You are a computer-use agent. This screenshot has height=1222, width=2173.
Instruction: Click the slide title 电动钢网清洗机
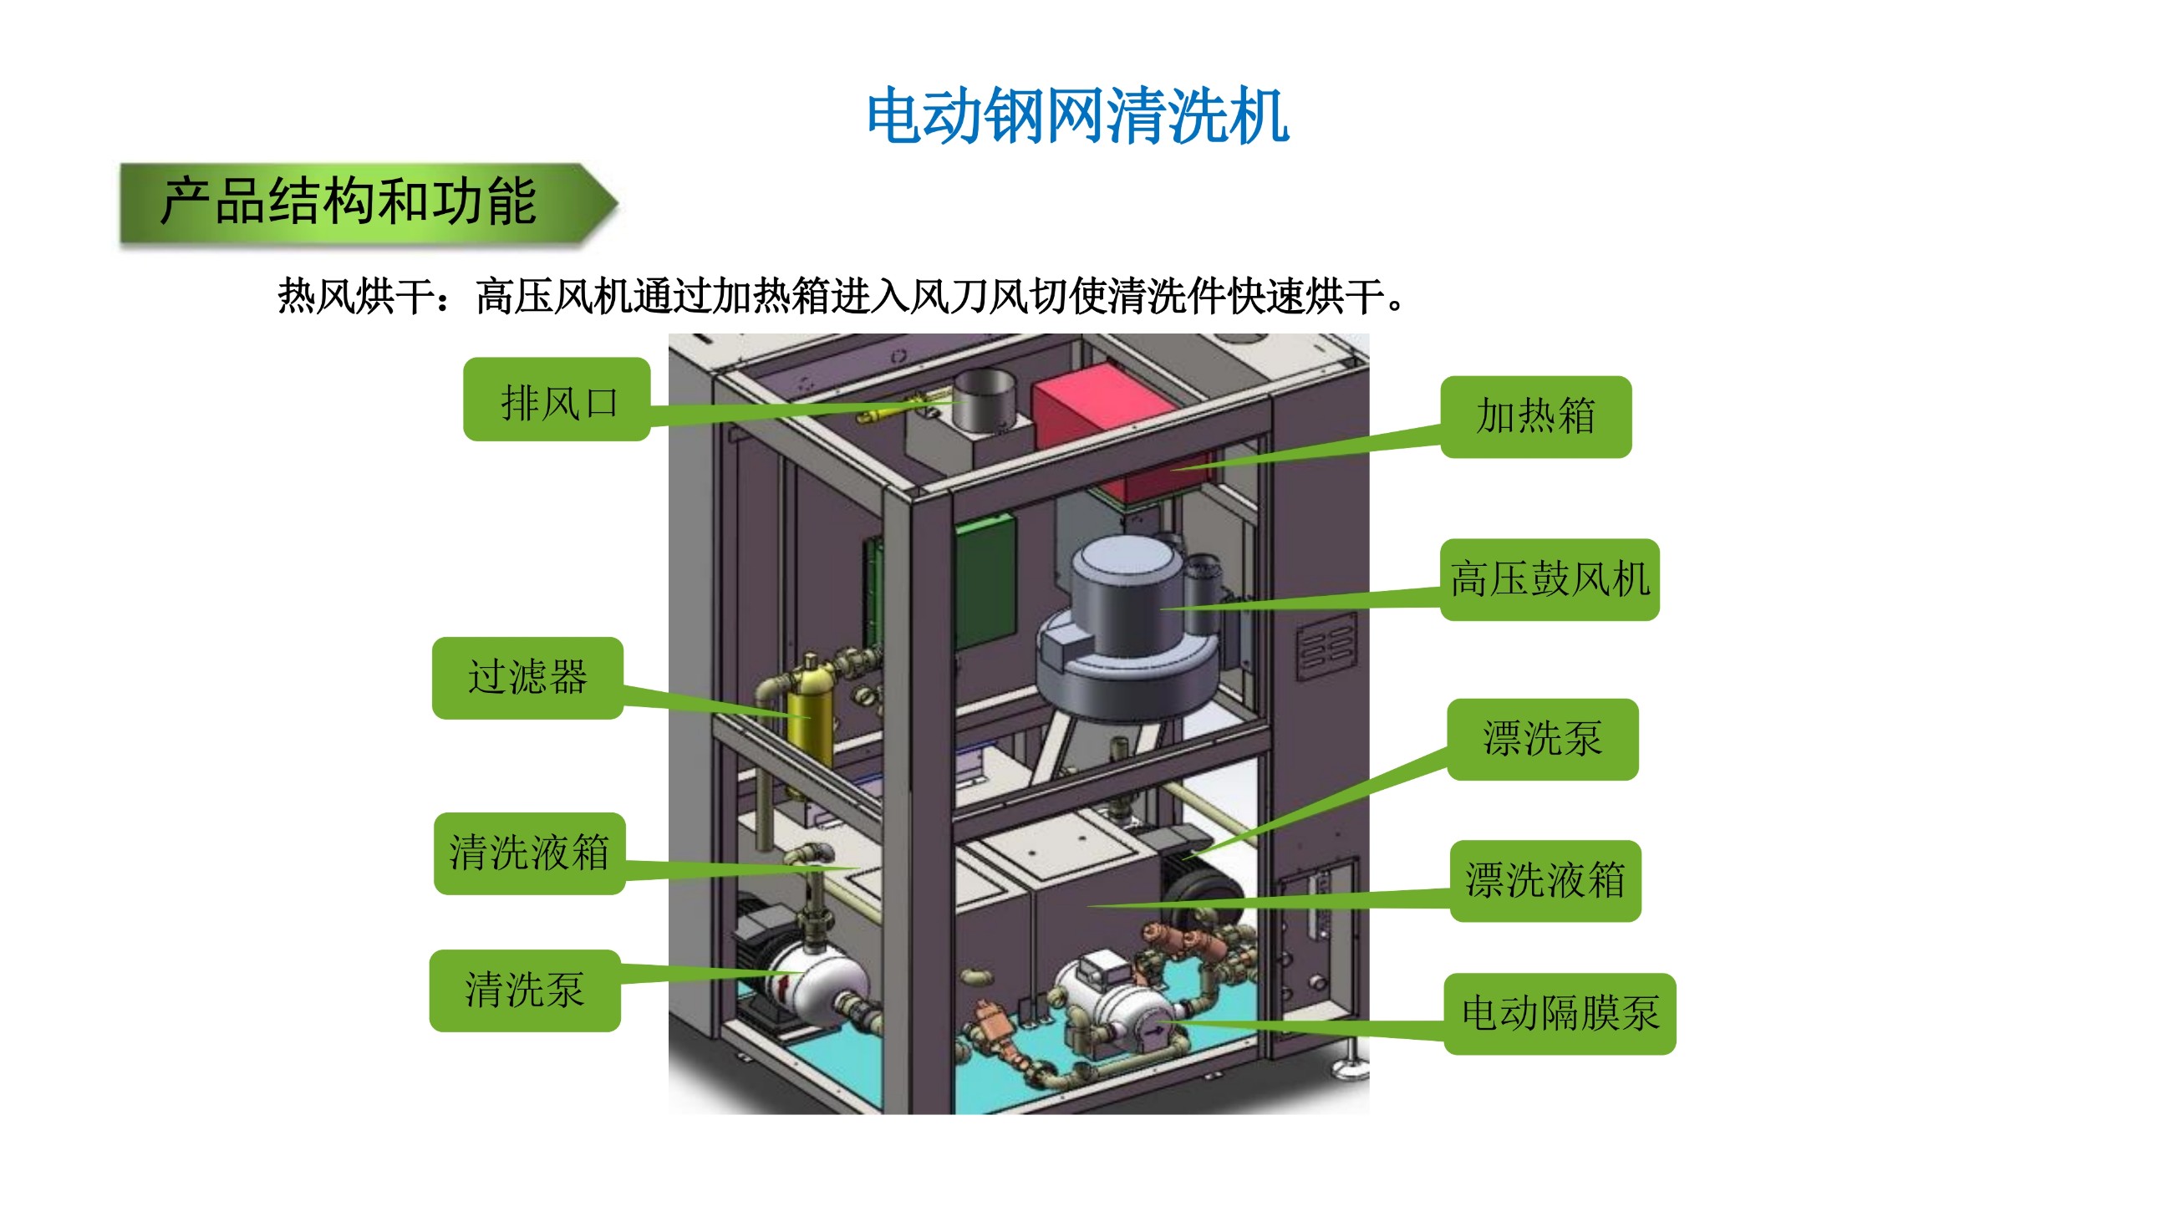pyautogui.click(x=1076, y=116)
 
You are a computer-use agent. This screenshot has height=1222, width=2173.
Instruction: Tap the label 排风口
pyautogui.click(x=557, y=401)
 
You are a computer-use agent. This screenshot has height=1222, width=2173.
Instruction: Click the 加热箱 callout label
pyautogui.click(x=1535, y=416)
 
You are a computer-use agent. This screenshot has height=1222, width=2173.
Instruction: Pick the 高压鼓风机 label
pyautogui.click(x=1549, y=580)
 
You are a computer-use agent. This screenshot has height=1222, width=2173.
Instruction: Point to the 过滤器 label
pyautogui.click(x=528, y=678)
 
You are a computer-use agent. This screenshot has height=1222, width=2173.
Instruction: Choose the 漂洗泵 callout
pyautogui.click(x=1542, y=740)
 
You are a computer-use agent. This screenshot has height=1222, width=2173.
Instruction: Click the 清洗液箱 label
pyautogui.click(x=530, y=853)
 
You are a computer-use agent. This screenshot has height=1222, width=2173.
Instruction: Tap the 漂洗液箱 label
pyautogui.click(x=1545, y=881)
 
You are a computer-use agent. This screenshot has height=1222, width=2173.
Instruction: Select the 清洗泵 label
pyautogui.click(x=525, y=991)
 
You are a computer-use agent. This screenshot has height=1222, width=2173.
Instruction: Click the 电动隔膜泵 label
pyautogui.click(x=1559, y=1014)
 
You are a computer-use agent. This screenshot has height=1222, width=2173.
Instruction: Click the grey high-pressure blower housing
pyautogui.click(x=1122, y=624)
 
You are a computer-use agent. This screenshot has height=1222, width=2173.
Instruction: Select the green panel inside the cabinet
pyautogui.click(x=985, y=582)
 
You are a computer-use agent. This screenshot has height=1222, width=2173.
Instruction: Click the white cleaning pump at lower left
pyautogui.click(x=822, y=982)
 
